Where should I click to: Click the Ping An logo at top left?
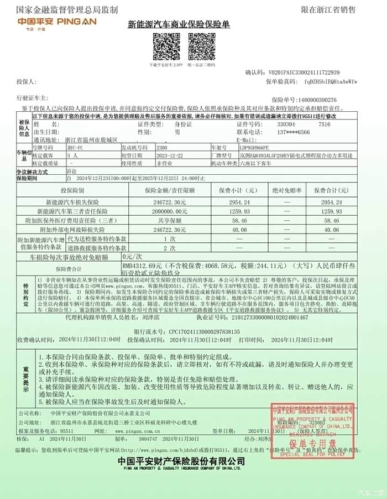(x=50, y=24)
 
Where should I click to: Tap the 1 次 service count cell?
(x=165, y=239)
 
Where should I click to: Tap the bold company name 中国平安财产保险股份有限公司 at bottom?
(x=181, y=461)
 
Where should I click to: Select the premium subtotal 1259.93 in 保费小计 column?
(x=238, y=210)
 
